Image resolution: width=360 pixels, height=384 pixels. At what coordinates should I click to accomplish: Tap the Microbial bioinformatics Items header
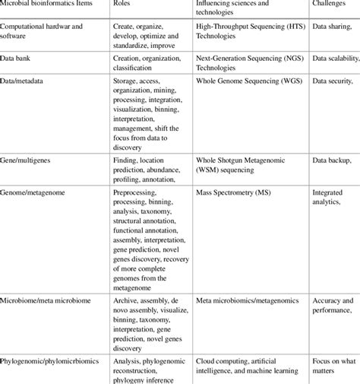(x=45, y=3)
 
